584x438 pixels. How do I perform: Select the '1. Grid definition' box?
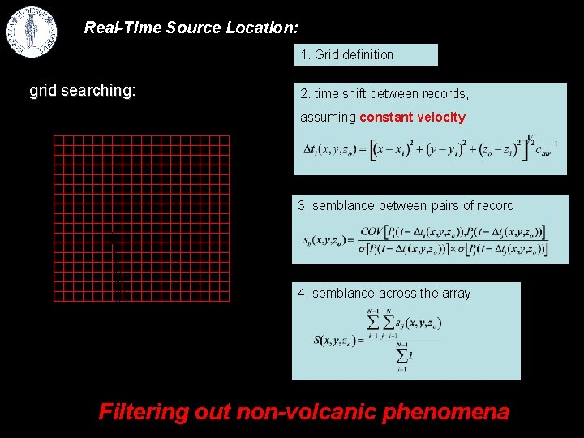(365, 55)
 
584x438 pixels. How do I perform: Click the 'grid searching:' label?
(82, 90)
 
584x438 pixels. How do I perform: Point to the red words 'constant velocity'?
(412, 118)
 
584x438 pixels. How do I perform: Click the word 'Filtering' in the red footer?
(143, 412)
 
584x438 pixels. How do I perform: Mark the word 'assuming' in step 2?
(328, 118)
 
